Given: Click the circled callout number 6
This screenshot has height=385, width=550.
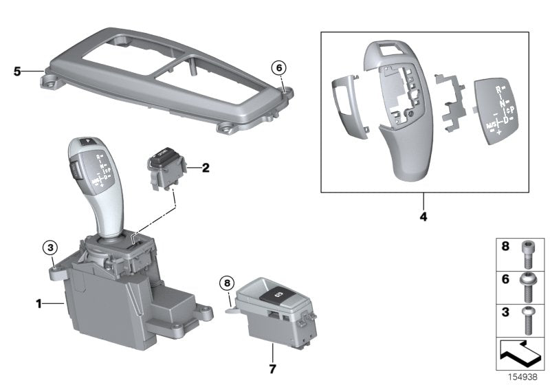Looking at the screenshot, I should tap(278, 67).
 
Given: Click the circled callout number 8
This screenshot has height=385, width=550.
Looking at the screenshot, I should tap(227, 283).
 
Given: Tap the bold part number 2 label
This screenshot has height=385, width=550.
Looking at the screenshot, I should tap(205, 167).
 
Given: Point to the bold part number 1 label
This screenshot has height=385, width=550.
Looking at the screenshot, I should tap(40, 302).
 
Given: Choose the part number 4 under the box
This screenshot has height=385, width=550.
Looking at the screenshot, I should tap(423, 217).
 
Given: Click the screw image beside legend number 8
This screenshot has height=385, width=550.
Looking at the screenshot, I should tap(528, 253).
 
